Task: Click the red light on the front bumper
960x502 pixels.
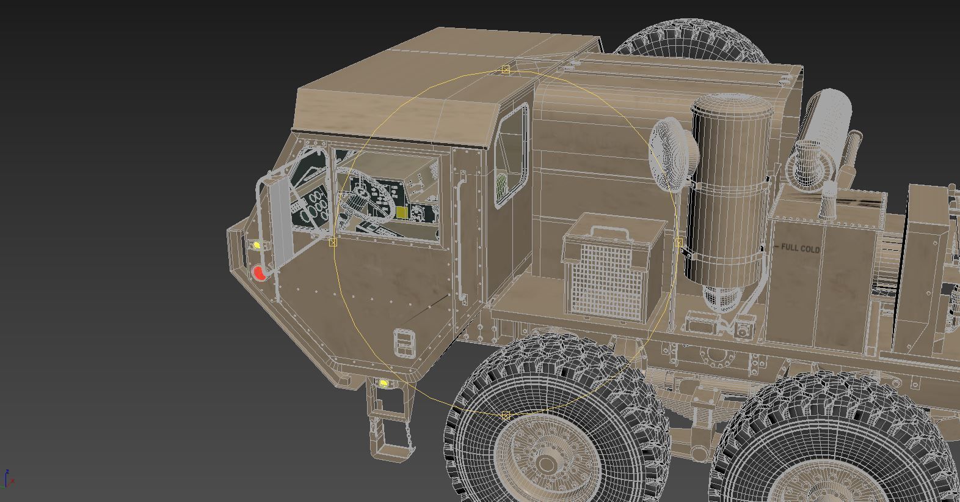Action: (260, 273)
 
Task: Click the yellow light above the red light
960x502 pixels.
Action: (257, 245)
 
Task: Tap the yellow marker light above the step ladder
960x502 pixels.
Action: (384, 383)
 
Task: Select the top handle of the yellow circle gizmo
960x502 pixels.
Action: (506, 70)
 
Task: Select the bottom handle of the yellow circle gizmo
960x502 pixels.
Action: (506, 416)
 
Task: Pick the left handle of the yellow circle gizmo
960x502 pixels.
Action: (333, 243)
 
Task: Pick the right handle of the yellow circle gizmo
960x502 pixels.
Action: (678, 243)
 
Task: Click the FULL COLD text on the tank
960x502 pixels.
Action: (800, 249)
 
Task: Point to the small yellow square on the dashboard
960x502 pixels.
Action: (402, 212)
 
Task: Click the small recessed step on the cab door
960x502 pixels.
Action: (404, 343)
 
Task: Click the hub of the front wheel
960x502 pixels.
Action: (545, 465)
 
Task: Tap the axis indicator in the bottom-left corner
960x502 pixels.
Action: (8, 479)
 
